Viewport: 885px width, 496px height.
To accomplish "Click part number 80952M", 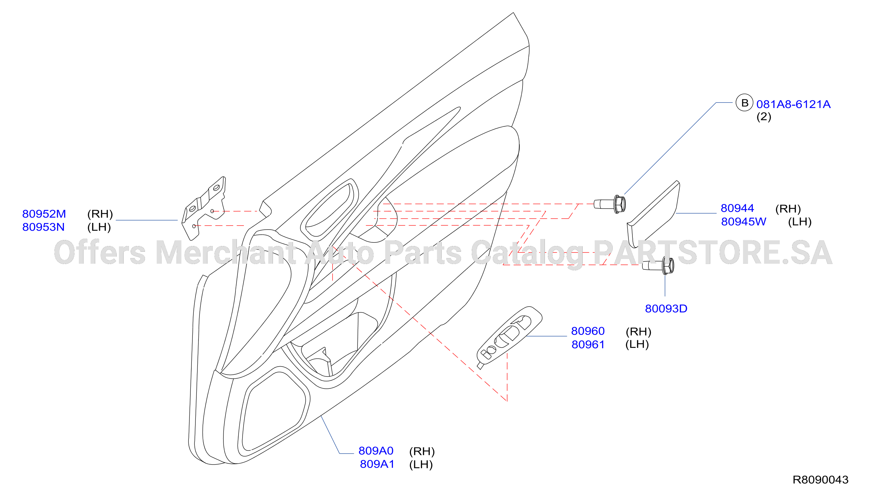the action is [44, 214].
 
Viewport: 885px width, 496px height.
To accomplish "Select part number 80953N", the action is [43, 227].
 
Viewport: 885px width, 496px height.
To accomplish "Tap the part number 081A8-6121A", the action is [793, 104].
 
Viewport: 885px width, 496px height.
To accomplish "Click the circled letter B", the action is [744, 102].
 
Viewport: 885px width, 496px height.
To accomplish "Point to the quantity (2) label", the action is [764, 117].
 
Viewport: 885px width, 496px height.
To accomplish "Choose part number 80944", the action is [737, 208].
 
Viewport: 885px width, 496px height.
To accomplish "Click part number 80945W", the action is [743, 221].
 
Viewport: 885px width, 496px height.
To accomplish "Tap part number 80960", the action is [588, 331].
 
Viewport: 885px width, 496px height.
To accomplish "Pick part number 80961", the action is [588, 344].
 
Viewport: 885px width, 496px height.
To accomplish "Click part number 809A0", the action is [376, 450].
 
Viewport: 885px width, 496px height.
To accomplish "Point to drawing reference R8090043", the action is [821, 480].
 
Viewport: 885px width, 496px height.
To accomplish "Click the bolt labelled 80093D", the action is [658, 266].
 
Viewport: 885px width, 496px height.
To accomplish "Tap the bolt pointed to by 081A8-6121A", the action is [610, 204].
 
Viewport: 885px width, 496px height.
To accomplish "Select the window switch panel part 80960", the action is [509, 337].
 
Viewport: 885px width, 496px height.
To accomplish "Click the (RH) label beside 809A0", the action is [422, 451].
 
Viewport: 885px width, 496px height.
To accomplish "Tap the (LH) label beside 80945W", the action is [800, 222].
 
